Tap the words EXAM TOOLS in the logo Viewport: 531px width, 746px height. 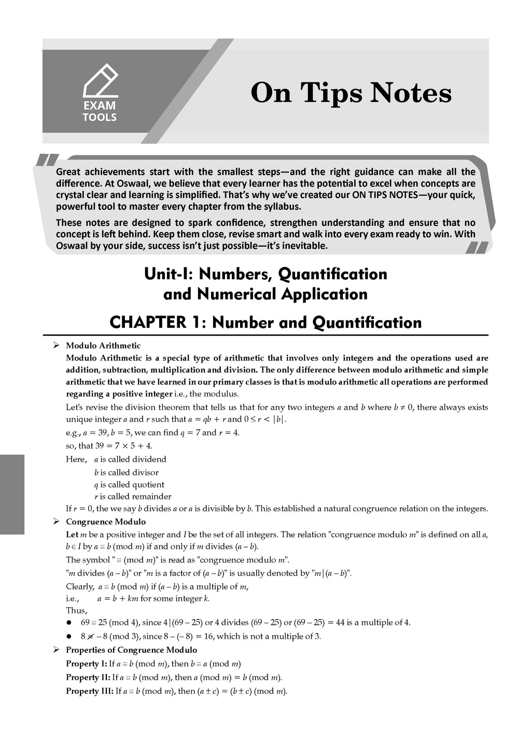(100, 111)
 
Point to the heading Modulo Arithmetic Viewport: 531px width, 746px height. (103, 346)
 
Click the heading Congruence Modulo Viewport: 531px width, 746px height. (106, 522)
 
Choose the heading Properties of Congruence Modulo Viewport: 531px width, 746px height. (131, 650)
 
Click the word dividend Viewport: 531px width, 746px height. (149, 459)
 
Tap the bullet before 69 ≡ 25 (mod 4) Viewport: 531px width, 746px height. (68, 623)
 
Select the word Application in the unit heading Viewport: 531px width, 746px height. (324, 294)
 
